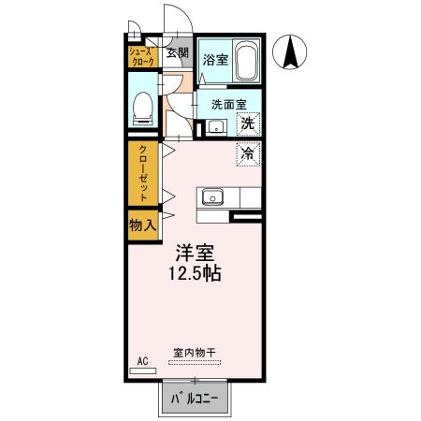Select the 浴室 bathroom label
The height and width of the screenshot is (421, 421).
pos(212,59)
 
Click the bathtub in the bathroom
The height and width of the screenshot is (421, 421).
pos(246,61)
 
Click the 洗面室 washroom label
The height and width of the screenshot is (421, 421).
pos(228,105)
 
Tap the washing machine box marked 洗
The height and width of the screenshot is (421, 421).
pos(247,123)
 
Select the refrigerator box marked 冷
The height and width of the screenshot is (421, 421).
pos(247,152)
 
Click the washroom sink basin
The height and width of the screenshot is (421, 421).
pos(214,127)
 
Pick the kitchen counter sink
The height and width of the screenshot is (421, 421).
pos(210,198)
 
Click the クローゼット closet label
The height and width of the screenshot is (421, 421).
pos(144,174)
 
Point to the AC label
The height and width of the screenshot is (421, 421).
pos(143,359)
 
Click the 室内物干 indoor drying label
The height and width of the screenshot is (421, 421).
pos(194,352)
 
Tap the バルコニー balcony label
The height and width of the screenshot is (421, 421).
pos(195,400)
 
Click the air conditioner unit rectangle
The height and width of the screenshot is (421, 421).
pos(143,370)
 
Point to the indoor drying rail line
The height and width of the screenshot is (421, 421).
pos(195,362)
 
